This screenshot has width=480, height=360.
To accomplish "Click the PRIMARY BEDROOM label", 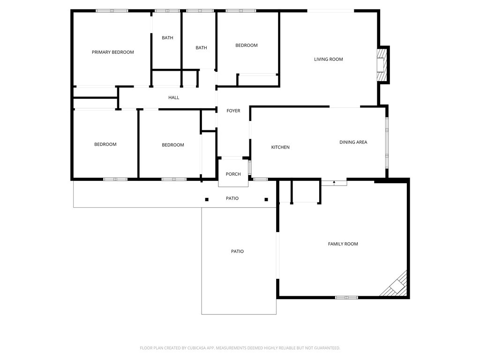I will point(112,52).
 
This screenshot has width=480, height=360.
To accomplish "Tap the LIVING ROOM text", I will point(328,59).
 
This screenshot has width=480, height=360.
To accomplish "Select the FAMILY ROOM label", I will point(343,244).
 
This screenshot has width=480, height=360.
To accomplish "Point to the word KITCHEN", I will point(280,147).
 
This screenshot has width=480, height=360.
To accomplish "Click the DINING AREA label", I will point(353,142).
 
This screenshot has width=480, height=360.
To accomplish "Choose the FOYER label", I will point(233,111).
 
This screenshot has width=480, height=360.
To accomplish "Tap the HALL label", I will point(173,97).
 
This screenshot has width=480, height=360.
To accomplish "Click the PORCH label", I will point(233,174).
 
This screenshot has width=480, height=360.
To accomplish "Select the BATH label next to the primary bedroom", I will point(167,37).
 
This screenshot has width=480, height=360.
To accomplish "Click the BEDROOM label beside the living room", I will point(246,45).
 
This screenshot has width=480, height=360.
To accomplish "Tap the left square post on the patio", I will point(207,200).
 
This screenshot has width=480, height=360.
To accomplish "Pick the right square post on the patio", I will point(266,200).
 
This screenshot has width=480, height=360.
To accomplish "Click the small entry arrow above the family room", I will point(334,182).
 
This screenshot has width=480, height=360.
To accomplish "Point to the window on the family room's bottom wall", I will point(346,297).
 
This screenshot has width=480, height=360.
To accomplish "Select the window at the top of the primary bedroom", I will point(112,10).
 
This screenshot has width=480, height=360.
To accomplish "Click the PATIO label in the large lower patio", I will point(237,251).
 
